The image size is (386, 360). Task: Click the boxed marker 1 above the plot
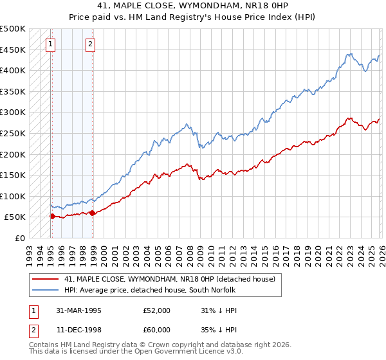point(50,44)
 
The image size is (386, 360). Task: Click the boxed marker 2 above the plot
point(90,44)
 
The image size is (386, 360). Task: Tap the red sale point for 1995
point(52,217)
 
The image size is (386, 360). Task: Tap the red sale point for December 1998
point(92,213)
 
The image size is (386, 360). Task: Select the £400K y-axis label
point(13,70)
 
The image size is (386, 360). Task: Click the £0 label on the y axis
point(19,238)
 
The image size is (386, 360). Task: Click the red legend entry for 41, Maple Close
point(169,279)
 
